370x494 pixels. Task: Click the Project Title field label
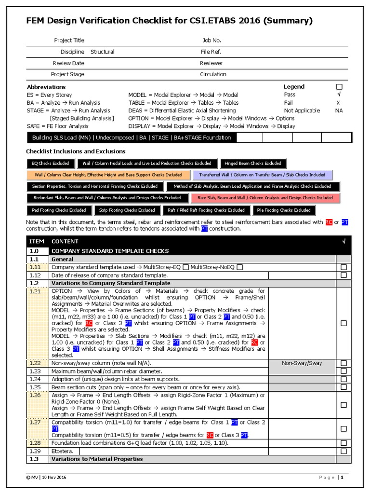(69, 41)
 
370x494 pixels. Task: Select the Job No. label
(211, 41)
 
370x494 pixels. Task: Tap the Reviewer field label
(211, 63)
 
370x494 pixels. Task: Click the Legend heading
(294, 86)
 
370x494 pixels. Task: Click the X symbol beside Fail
(338, 103)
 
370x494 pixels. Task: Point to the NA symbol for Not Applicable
(339, 110)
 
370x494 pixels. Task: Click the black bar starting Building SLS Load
(132, 138)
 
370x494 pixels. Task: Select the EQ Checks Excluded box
(51, 163)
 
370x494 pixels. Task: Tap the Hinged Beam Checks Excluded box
(253, 163)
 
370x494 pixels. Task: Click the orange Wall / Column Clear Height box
(108, 175)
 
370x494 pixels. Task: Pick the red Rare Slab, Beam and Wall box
(265, 198)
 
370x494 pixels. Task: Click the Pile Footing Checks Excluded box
(284, 210)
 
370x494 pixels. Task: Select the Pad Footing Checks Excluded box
(59, 210)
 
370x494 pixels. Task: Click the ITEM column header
(37, 241)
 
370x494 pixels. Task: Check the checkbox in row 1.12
(344, 275)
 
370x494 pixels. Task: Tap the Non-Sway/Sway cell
(302, 363)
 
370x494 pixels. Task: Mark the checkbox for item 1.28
(344, 443)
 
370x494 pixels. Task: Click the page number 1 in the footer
(343, 478)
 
